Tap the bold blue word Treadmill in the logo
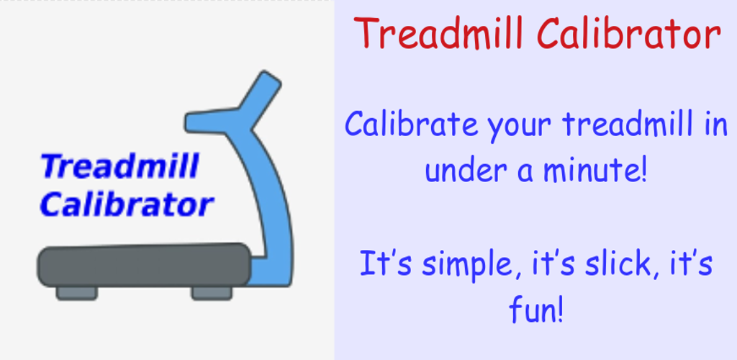120,166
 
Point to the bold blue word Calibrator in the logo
127,205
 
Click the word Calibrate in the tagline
411,124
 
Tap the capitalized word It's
386,264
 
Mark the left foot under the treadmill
76,293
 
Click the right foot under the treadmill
212,293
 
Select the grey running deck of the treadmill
144,265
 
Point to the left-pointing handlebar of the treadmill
212,122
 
